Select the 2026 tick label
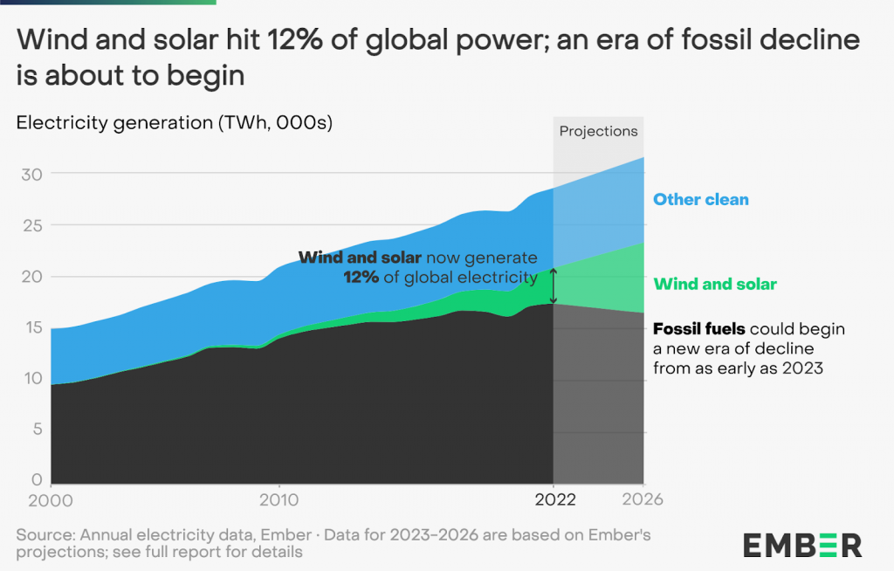(643, 500)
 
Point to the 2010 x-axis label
(279, 500)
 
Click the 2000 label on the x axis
(51, 500)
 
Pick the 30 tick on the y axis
(32, 174)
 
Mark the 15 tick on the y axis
(32, 327)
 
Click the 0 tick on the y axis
(37, 479)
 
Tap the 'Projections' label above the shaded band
(598, 131)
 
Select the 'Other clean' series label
(701, 199)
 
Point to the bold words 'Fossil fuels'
(699, 329)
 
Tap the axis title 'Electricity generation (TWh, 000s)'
(175, 123)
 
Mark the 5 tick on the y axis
(37, 429)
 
